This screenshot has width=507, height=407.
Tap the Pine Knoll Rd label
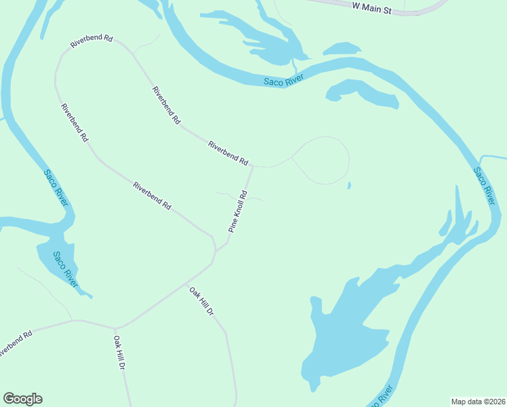coord(237,212)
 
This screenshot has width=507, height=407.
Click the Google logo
coord(22,399)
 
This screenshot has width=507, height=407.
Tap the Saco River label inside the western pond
coord(64,268)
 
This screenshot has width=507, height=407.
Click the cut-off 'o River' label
coord(382,398)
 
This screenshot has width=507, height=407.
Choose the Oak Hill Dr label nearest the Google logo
coord(120,353)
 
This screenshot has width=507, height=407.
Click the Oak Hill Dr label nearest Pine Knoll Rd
coord(201,302)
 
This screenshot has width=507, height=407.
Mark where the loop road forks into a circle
coord(292,157)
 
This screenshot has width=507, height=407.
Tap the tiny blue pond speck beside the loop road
coord(349,185)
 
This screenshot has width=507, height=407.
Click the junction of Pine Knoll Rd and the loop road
coord(253,166)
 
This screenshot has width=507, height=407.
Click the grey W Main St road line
coord(420,12)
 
